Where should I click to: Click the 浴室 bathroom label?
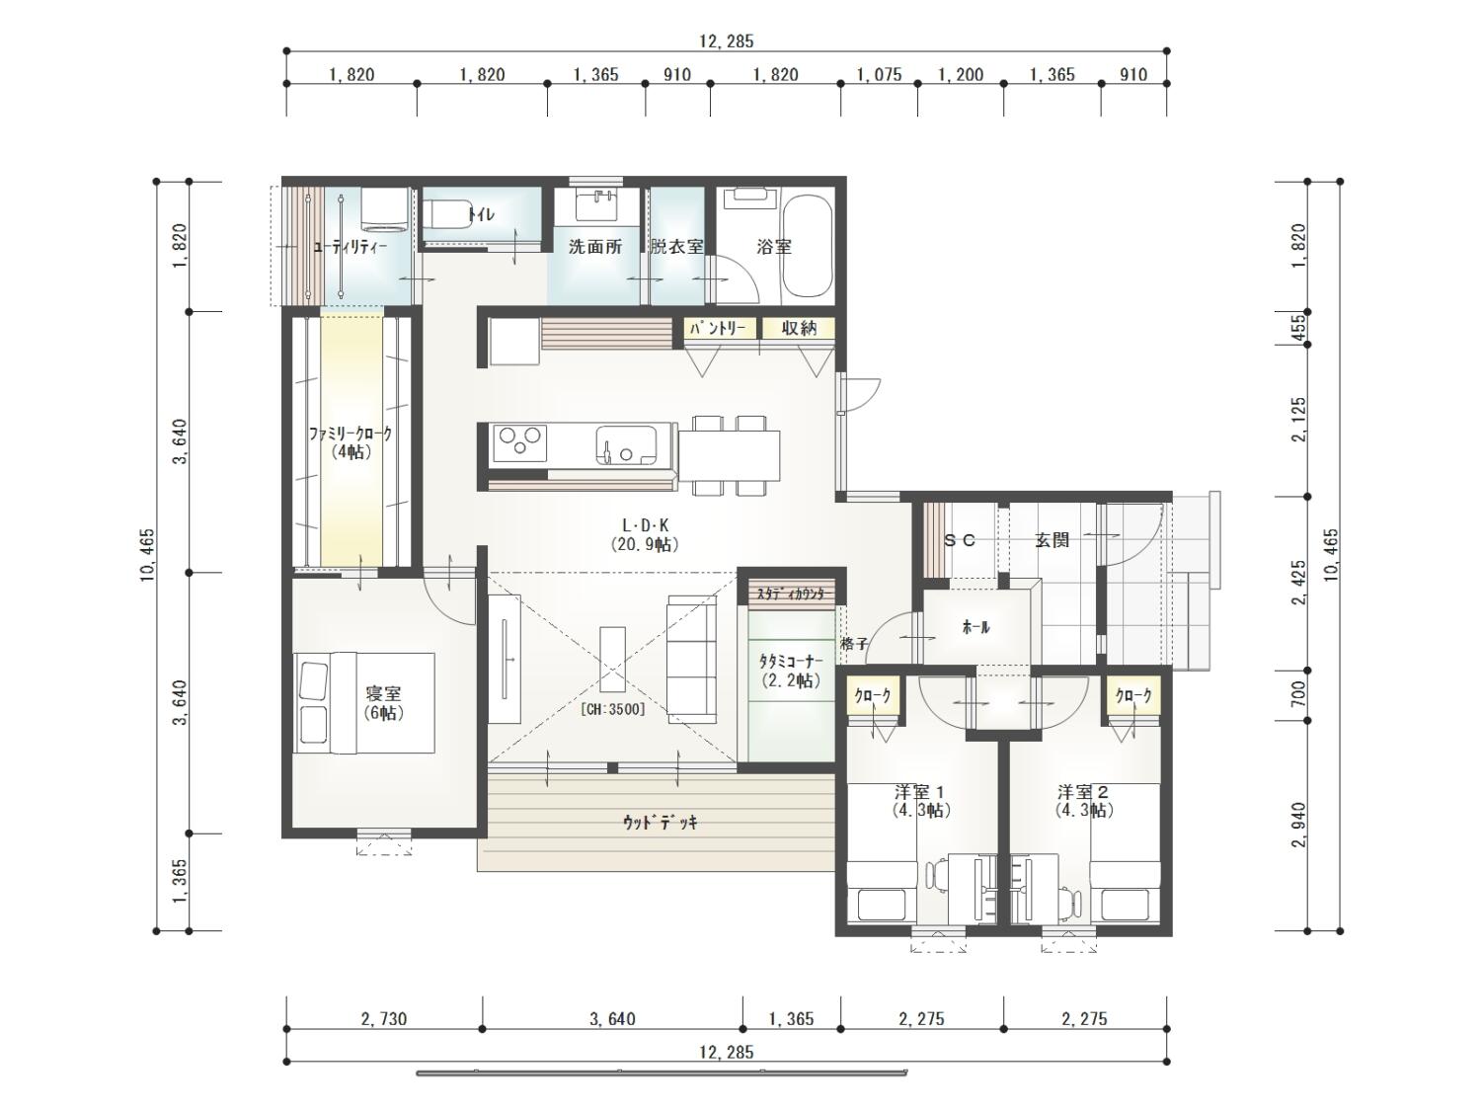(773, 247)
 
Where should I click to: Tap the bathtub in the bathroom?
(807, 246)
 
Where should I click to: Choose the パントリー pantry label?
(717, 329)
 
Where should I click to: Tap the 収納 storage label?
(799, 328)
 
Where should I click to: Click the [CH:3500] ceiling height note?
(613, 709)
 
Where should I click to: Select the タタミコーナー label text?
(791, 661)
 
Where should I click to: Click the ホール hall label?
(974, 627)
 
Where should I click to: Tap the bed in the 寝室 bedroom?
(363, 702)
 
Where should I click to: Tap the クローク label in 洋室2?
(1133, 695)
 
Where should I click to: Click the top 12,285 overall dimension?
(727, 41)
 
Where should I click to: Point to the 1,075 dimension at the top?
(879, 74)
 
